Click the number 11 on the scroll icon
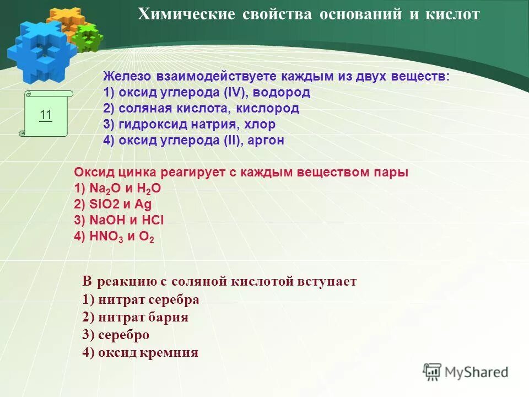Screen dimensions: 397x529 [x=46, y=115]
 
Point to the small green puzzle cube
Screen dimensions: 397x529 [x=88, y=37]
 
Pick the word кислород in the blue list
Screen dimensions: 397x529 [x=272, y=109]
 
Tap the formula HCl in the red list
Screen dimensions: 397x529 [x=152, y=221]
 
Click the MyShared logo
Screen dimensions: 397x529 [x=466, y=372]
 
